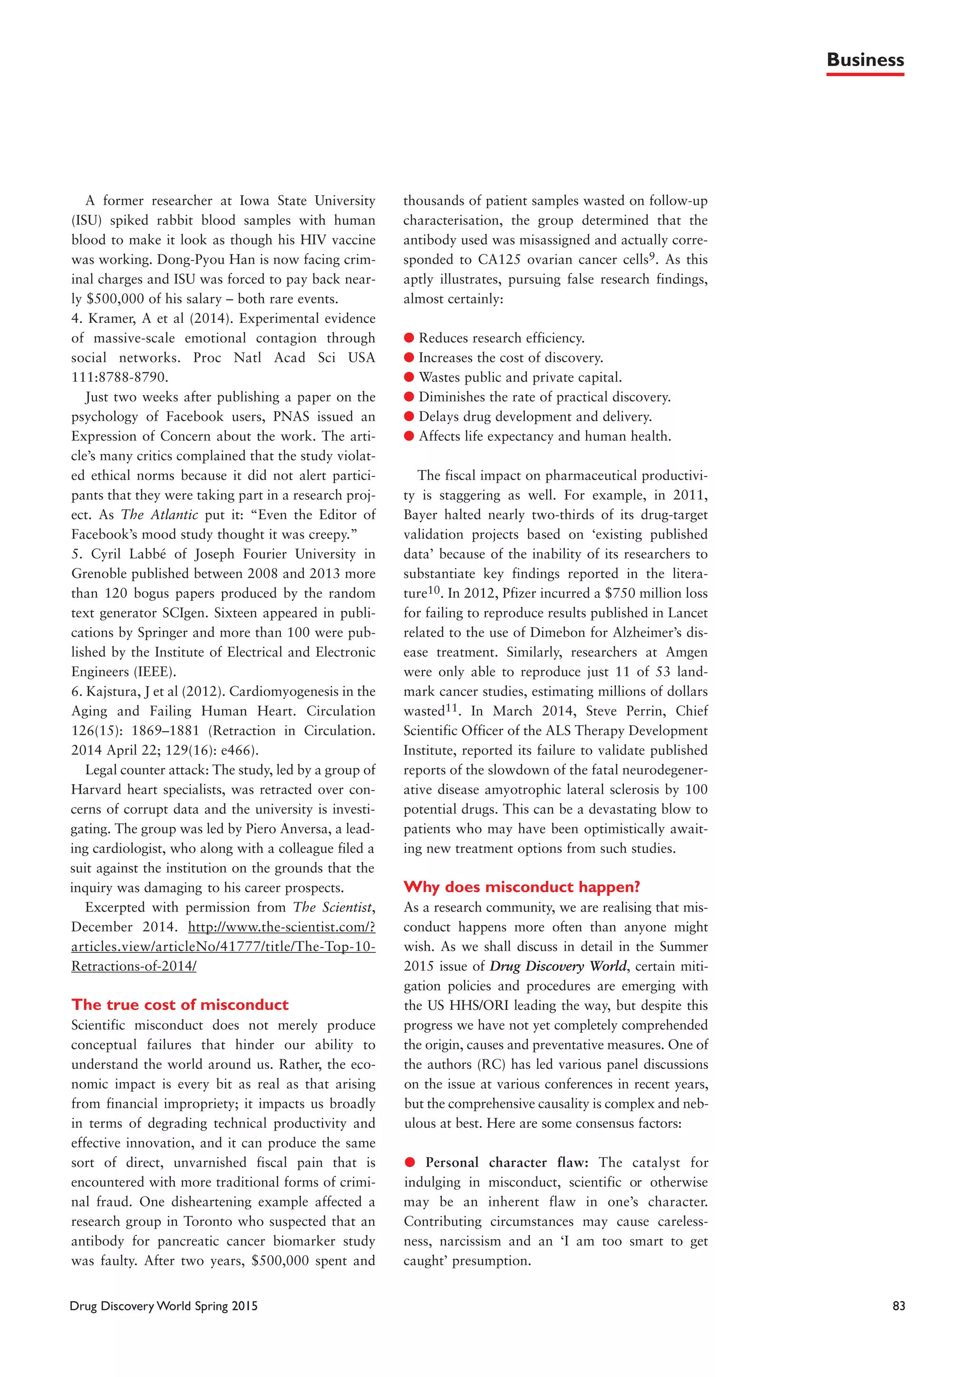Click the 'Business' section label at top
864,60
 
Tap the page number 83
898,1306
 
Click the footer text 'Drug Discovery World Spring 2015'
164,1306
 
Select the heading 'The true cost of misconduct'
180,1005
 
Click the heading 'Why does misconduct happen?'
522,886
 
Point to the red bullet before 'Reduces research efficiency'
409,338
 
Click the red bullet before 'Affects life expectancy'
409,436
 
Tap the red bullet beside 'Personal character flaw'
409,1162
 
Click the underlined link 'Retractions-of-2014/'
134,966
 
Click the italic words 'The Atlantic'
159,514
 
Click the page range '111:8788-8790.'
120,377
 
